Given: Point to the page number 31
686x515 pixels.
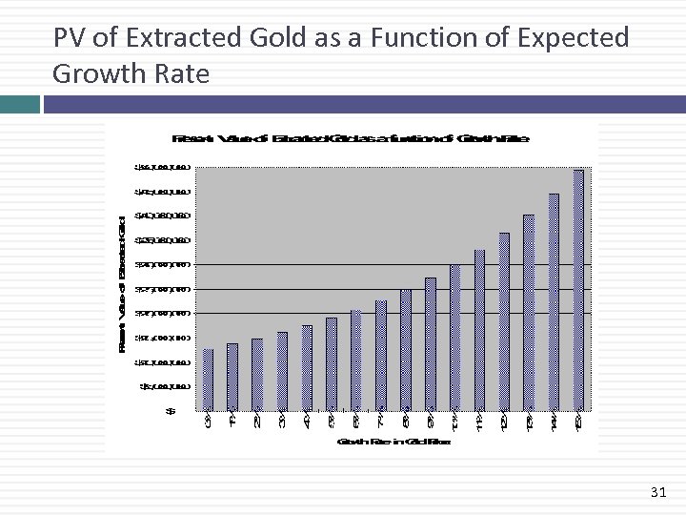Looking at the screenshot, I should (x=657, y=492).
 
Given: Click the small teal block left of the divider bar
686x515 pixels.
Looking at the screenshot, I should (x=19, y=103).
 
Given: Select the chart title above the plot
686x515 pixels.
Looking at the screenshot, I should (x=349, y=139).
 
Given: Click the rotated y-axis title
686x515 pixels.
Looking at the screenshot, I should (x=122, y=284).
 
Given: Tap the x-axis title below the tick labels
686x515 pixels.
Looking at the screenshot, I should (x=393, y=442).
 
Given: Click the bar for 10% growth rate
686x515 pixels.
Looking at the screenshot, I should (x=454, y=338).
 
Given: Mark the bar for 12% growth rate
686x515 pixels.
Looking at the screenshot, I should (x=504, y=321).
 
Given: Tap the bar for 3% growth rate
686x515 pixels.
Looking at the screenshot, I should (x=282, y=371).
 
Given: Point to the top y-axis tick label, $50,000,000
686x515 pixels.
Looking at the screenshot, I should (x=162, y=167).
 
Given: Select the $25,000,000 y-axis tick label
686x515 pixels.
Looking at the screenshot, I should (x=162, y=289).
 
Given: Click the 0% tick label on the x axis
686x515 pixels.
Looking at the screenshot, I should (x=208, y=421).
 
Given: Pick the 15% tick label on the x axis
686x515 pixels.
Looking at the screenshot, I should (x=578, y=421).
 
